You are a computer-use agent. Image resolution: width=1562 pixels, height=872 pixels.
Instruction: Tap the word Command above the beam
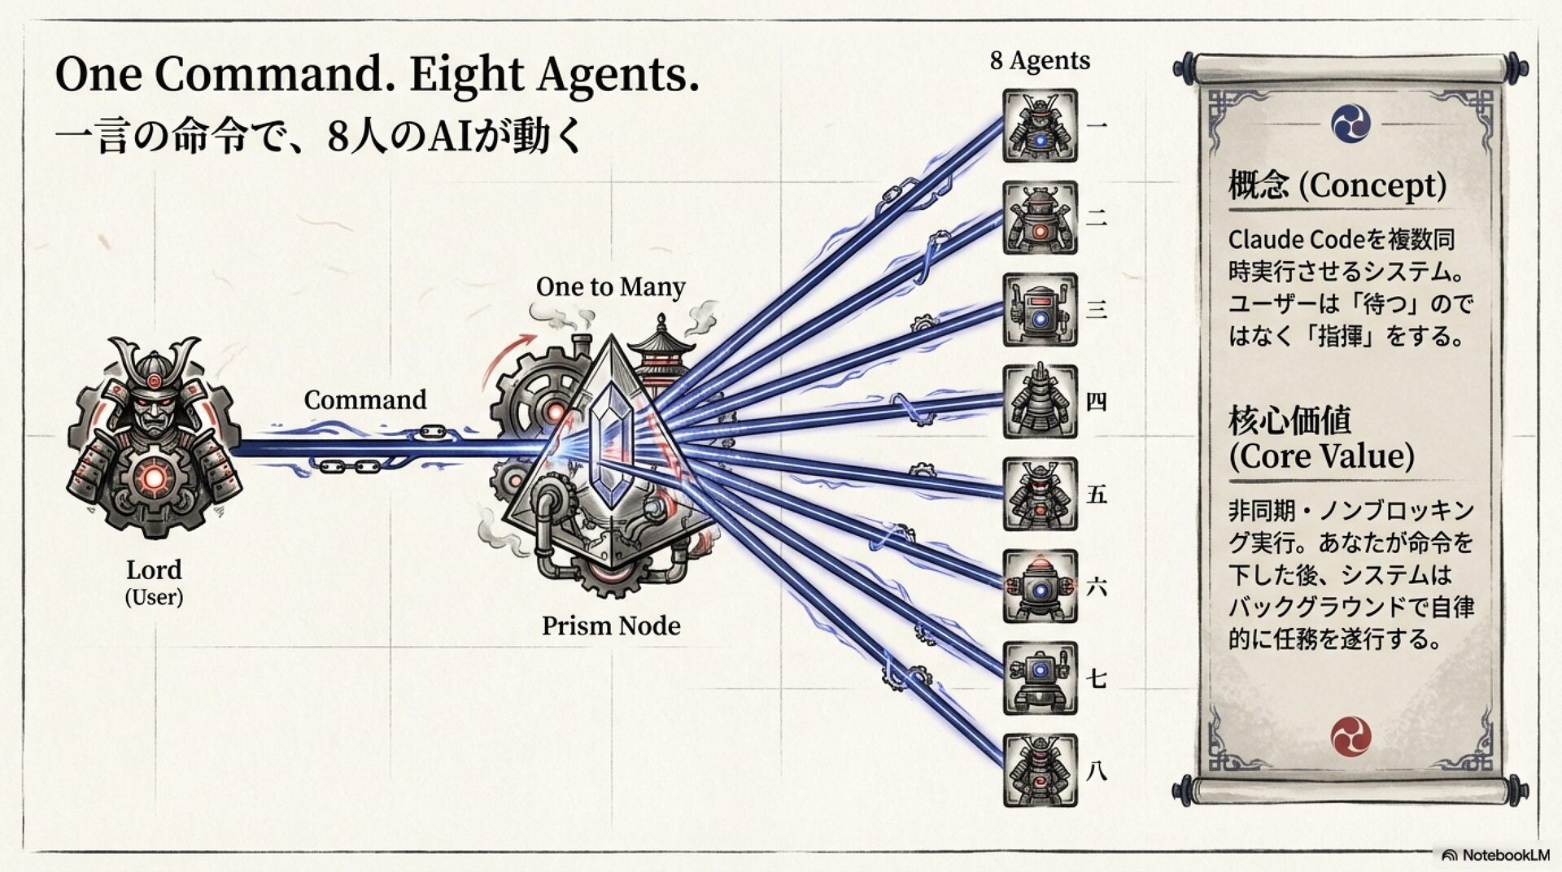click(x=365, y=399)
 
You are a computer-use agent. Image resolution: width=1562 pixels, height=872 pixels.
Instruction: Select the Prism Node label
click(x=611, y=626)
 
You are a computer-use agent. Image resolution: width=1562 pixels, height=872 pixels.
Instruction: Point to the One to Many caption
click(x=610, y=286)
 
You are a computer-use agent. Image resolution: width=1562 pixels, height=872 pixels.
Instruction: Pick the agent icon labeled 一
click(x=1040, y=126)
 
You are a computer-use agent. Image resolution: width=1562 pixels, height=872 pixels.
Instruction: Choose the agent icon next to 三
click(x=1040, y=310)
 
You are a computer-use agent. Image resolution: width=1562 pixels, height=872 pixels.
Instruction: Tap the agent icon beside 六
click(x=1040, y=586)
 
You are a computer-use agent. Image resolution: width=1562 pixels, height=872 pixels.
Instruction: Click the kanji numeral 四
click(x=1097, y=402)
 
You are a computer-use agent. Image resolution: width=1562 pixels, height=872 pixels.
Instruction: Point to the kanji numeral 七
click(x=1097, y=678)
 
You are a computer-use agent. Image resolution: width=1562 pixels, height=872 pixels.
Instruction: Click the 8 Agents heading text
click(x=1040, y=60)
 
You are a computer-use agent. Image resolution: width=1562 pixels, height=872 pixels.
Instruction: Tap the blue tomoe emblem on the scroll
click(x=1350, y=124)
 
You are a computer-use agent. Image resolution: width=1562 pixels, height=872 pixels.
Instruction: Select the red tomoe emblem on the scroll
click(x=1350, y=737)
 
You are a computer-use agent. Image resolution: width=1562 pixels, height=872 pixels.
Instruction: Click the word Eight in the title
click(x=466, y=75)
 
